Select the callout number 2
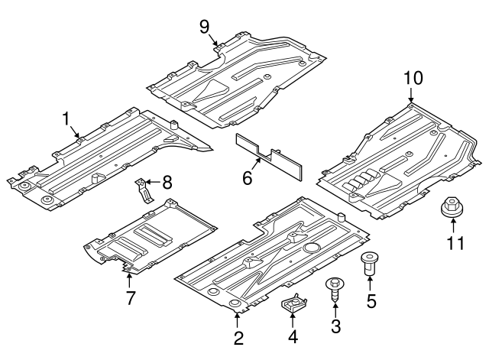coord(238,337)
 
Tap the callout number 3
coord(335,327)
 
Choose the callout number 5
coord(371,300)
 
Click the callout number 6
coord(247,178)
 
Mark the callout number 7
coord(130,298)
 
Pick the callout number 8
coord(167,182)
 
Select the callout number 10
coord(413,77)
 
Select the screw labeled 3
coord(335,290)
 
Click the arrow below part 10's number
coord(413,96)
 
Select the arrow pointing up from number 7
coord(129,274)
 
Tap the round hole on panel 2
coord(312,248)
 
